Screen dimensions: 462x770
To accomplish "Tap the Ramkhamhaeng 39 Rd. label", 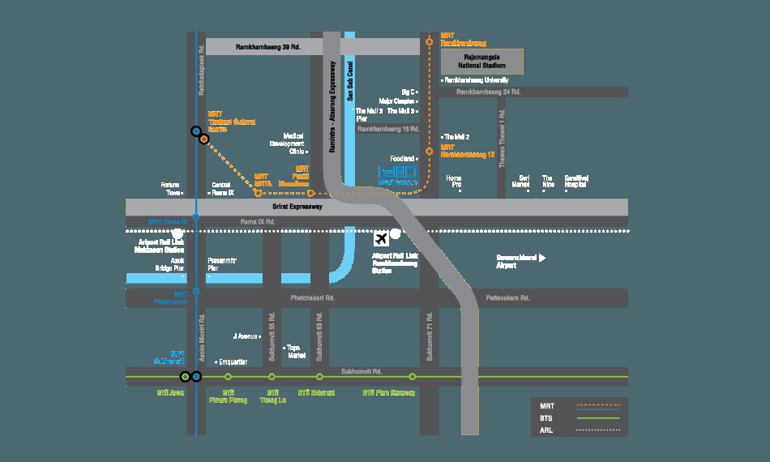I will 267,47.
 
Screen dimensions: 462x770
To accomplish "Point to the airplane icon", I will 380,237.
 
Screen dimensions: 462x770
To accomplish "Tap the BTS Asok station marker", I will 186,376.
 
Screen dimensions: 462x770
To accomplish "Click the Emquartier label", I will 233,361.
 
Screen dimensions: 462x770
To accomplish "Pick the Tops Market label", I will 297,351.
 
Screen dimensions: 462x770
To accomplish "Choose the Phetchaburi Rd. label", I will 312,298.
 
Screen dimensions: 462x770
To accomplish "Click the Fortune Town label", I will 169,189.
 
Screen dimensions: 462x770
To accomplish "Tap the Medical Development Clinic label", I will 293,143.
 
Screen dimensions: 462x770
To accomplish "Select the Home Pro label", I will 454,181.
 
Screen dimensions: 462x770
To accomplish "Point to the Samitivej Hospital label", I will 575,181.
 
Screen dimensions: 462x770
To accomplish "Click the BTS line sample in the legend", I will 598,417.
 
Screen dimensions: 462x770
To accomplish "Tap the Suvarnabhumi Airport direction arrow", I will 542,258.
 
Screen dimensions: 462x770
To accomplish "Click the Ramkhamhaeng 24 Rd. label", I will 488,92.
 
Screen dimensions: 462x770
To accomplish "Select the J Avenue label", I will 245,336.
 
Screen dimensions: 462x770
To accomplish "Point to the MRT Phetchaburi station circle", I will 196,291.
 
